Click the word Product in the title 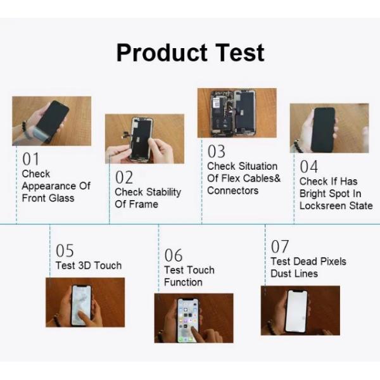click(x=162, y=53)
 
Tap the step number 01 click(x=30, y=159)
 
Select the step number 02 click(x=124, y=177)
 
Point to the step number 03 click(x=217, y=151)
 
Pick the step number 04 click(x=309, y=167)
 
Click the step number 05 click(x=65, y=251)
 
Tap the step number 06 click(x=174, y=255)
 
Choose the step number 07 click(x=280, y=246)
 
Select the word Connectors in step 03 click(x=233, y=191)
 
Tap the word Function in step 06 click(x=183, y=282)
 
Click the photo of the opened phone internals click(x=237, y=113)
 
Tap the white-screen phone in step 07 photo click(x=297, y=312)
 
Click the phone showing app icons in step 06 click(x=188, y=320)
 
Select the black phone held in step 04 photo click(x=323, y=130)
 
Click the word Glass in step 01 click(x=61, y=198)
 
